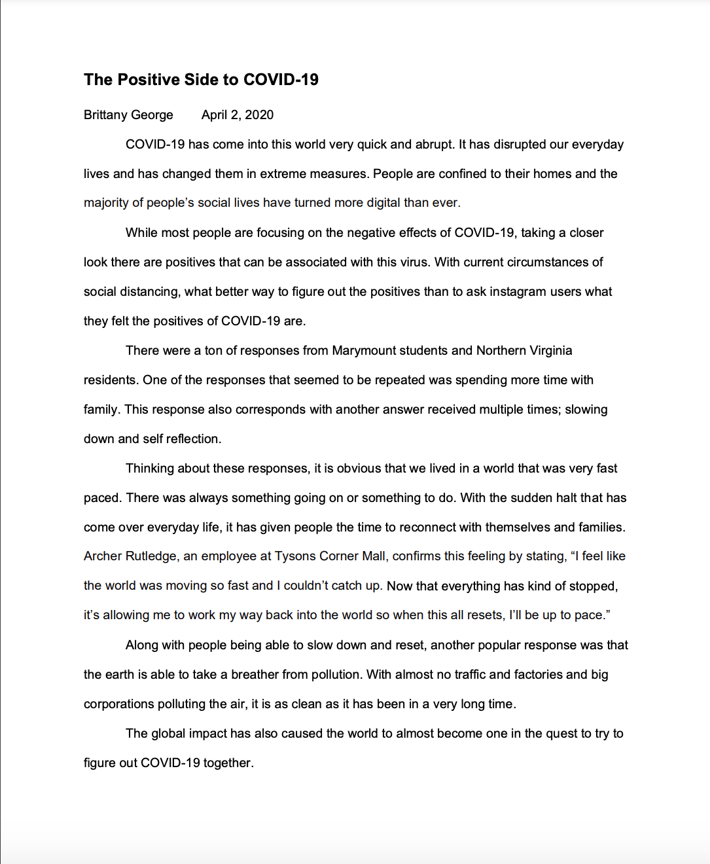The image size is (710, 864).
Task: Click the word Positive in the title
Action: pyautogui.click(x=152, y=80)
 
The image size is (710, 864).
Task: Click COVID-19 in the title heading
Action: pyautogui.click(x=281, y=80)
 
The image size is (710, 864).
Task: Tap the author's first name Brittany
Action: pyautogui.click(x=105, y=115)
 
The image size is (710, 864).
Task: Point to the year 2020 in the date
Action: pyautogui.click(x=259, y=115)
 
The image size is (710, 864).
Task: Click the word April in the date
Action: pyautogui.click(x=214, y=115)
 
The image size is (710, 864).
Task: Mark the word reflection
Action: pyautogui.click(x=194, y=439)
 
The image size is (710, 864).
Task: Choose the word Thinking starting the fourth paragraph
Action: pyautogui.click(x=151, y=468)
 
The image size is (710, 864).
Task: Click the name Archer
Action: pyautogui.click(x=103, y=556)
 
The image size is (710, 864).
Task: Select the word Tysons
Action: pyautogui.click(x=295, y=556)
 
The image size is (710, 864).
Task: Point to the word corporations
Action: pyautogui.click(x=118, y=704)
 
